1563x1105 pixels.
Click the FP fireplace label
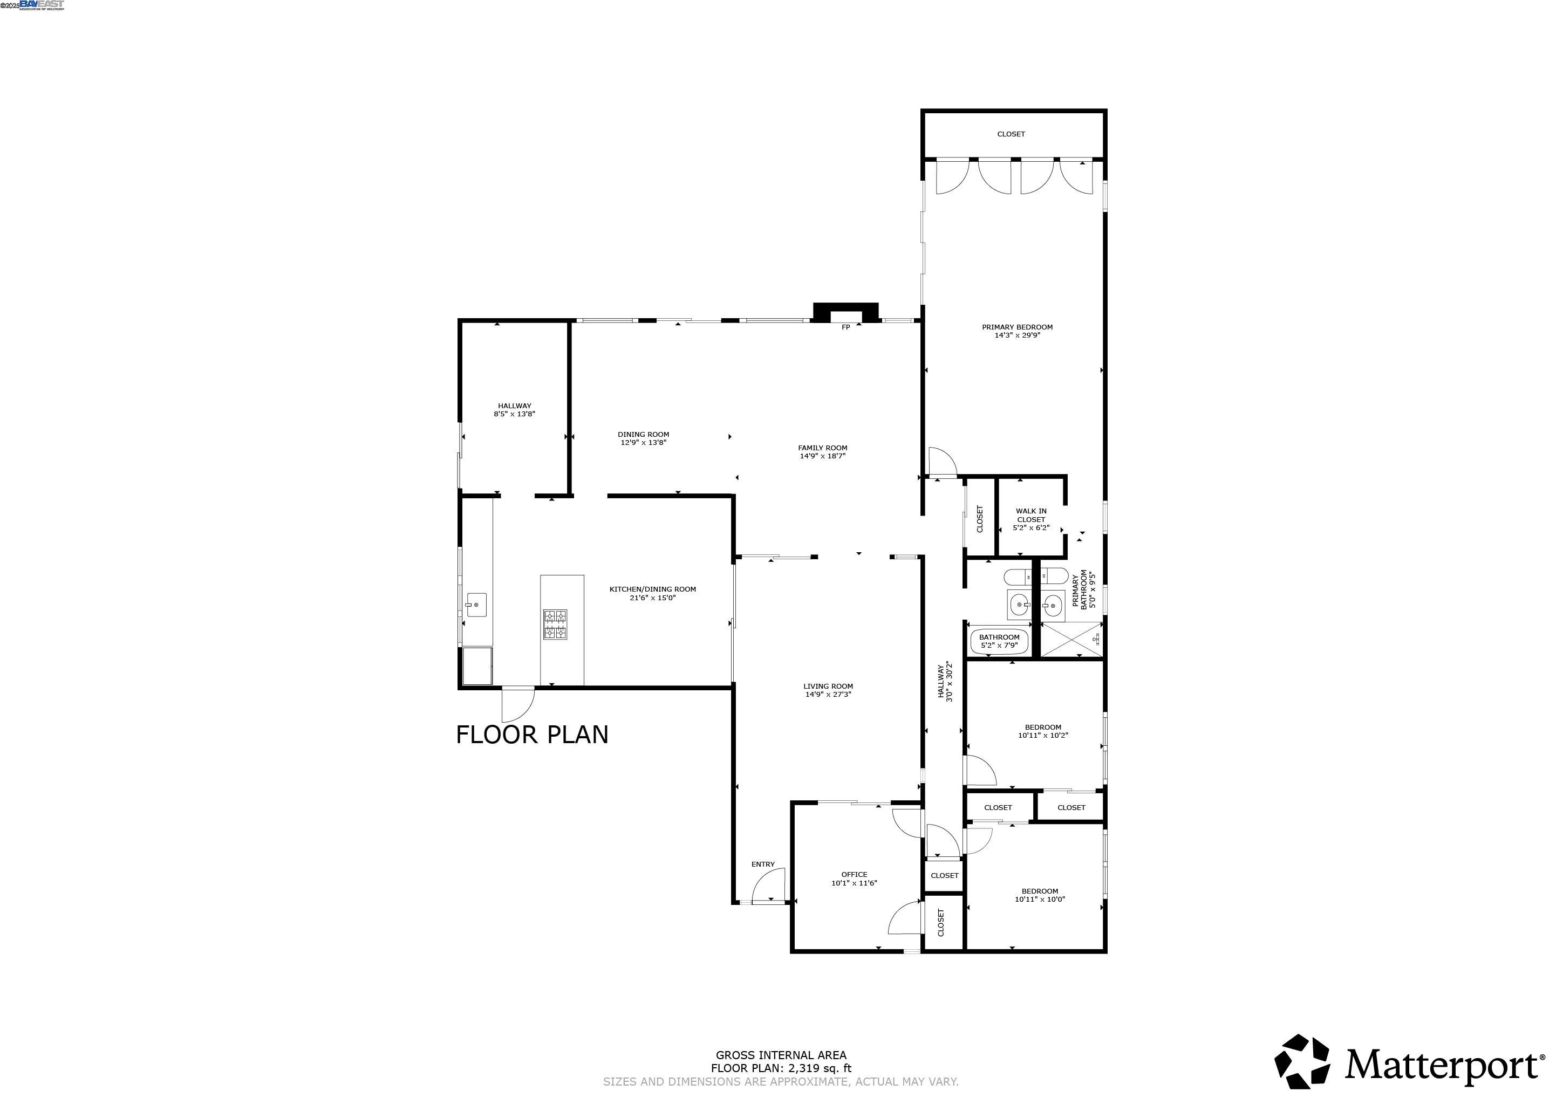(x=845, y=327)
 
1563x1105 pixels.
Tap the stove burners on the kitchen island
(x=554, y=624)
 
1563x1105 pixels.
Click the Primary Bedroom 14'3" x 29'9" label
(x=1017, y=331)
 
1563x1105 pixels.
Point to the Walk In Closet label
(x=1030, y=519)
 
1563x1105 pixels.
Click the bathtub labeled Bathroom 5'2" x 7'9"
(x=999, y=642)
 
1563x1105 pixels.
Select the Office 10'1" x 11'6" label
(x=854, y=878)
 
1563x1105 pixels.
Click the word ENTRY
(x=762, y=864)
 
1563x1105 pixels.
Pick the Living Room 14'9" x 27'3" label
(x=828, y=690)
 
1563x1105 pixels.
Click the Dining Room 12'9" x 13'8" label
(x=643, y=438)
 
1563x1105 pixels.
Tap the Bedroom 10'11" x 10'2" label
(x=1042, y=731)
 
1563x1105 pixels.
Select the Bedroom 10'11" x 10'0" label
(x=1040, y=895)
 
